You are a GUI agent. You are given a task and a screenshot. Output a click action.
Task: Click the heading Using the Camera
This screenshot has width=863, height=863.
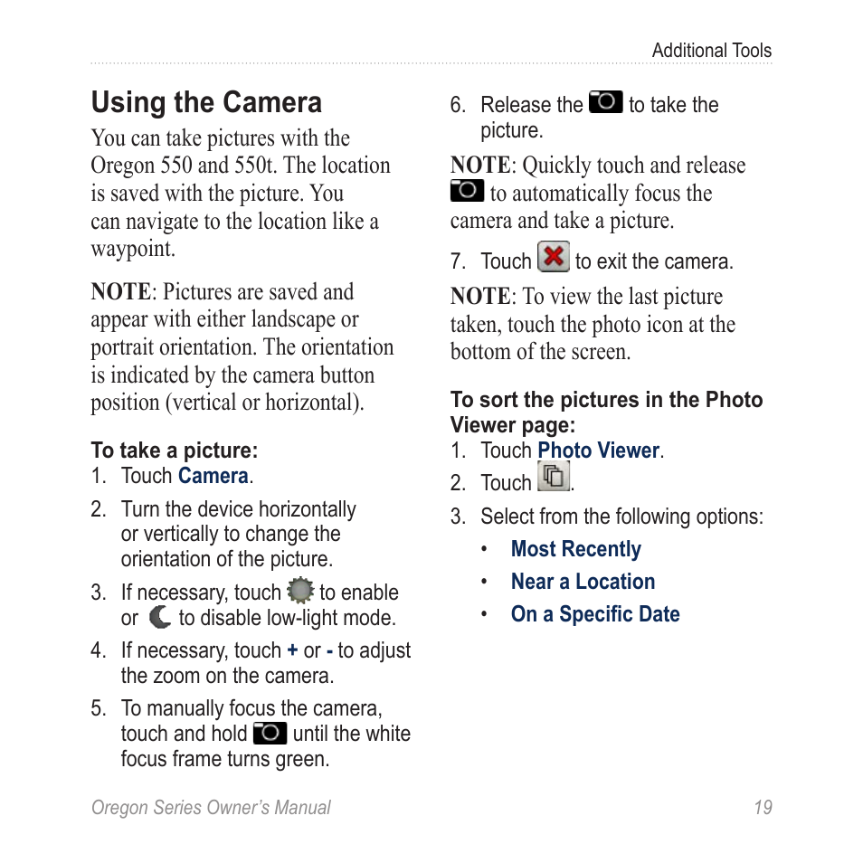[206, 103]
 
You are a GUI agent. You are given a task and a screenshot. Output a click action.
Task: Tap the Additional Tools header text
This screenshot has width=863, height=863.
[711, 51]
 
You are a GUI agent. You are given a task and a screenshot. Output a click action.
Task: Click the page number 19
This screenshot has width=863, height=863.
[763, 808]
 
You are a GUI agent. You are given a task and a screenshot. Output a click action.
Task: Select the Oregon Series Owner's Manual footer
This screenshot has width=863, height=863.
[211, 808]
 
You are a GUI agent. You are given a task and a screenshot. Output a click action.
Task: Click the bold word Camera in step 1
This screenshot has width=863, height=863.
[213, 476]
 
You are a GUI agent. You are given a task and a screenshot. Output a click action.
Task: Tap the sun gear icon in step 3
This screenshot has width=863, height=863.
[299, 592]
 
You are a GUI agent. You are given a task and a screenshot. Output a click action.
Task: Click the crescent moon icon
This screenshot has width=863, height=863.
[160, 618]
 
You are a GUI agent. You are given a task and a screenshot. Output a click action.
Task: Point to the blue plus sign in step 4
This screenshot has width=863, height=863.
[292, 651]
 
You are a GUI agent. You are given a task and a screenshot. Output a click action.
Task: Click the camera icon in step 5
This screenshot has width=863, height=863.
[270, 733]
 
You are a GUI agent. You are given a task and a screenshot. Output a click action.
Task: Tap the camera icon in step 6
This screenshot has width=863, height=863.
[605, 102]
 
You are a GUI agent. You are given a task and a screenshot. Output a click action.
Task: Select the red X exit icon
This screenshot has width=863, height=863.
[553, 258]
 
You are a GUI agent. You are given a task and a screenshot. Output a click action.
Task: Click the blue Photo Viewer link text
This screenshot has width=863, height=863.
[599, 450]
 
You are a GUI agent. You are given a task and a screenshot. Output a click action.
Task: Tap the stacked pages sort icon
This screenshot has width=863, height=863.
[554, 476]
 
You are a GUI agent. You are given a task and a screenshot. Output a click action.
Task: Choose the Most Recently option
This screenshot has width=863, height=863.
[575, 549]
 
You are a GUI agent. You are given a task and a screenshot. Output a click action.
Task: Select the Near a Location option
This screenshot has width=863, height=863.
[583, 582]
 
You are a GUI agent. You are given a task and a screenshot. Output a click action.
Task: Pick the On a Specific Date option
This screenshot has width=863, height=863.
[594, 614]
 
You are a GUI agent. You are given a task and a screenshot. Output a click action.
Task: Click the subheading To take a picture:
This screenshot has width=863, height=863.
[174, 450]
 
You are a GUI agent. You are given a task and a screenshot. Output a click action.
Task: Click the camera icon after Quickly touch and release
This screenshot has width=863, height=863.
[467, 190]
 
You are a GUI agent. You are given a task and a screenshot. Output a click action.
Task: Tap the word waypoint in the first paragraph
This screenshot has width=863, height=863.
[131, 250]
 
